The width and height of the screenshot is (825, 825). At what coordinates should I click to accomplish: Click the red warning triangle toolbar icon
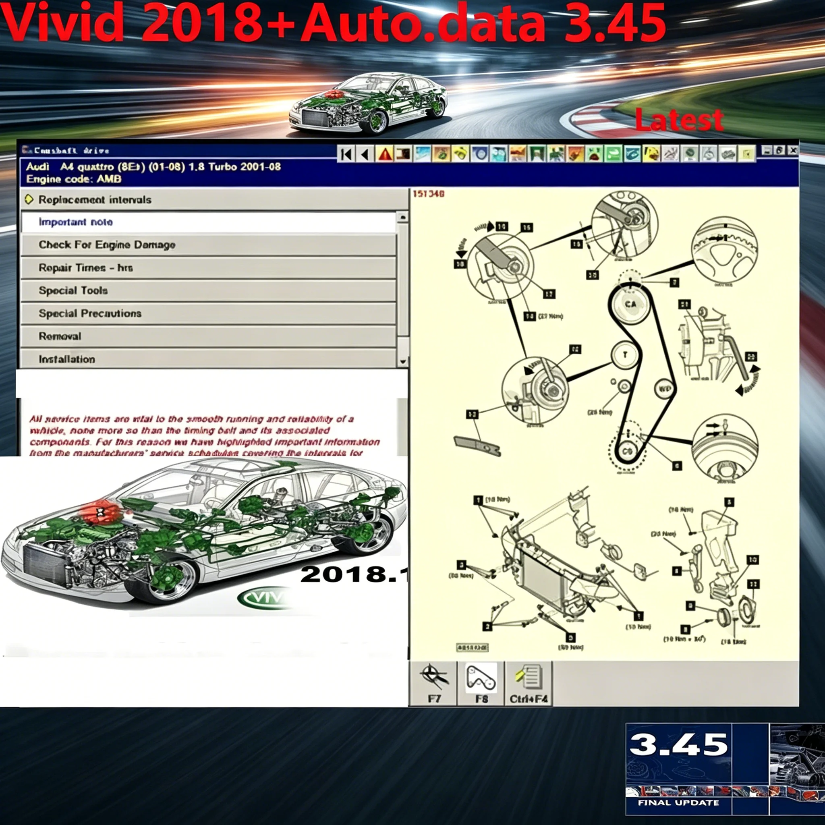click(385, 154)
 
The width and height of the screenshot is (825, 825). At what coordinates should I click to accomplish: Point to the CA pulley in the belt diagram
click(631, 304)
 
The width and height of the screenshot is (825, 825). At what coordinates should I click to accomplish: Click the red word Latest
click(679, 120)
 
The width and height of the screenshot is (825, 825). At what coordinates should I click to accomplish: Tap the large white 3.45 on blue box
click(678, 744)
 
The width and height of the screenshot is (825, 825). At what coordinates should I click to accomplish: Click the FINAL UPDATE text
click(678, 803)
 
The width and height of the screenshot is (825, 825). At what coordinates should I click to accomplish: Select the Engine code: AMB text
click(73, 179)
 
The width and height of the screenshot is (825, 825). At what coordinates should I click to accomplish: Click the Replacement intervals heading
click(95, 200)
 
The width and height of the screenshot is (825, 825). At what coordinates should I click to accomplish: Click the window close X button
click(792, 150)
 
